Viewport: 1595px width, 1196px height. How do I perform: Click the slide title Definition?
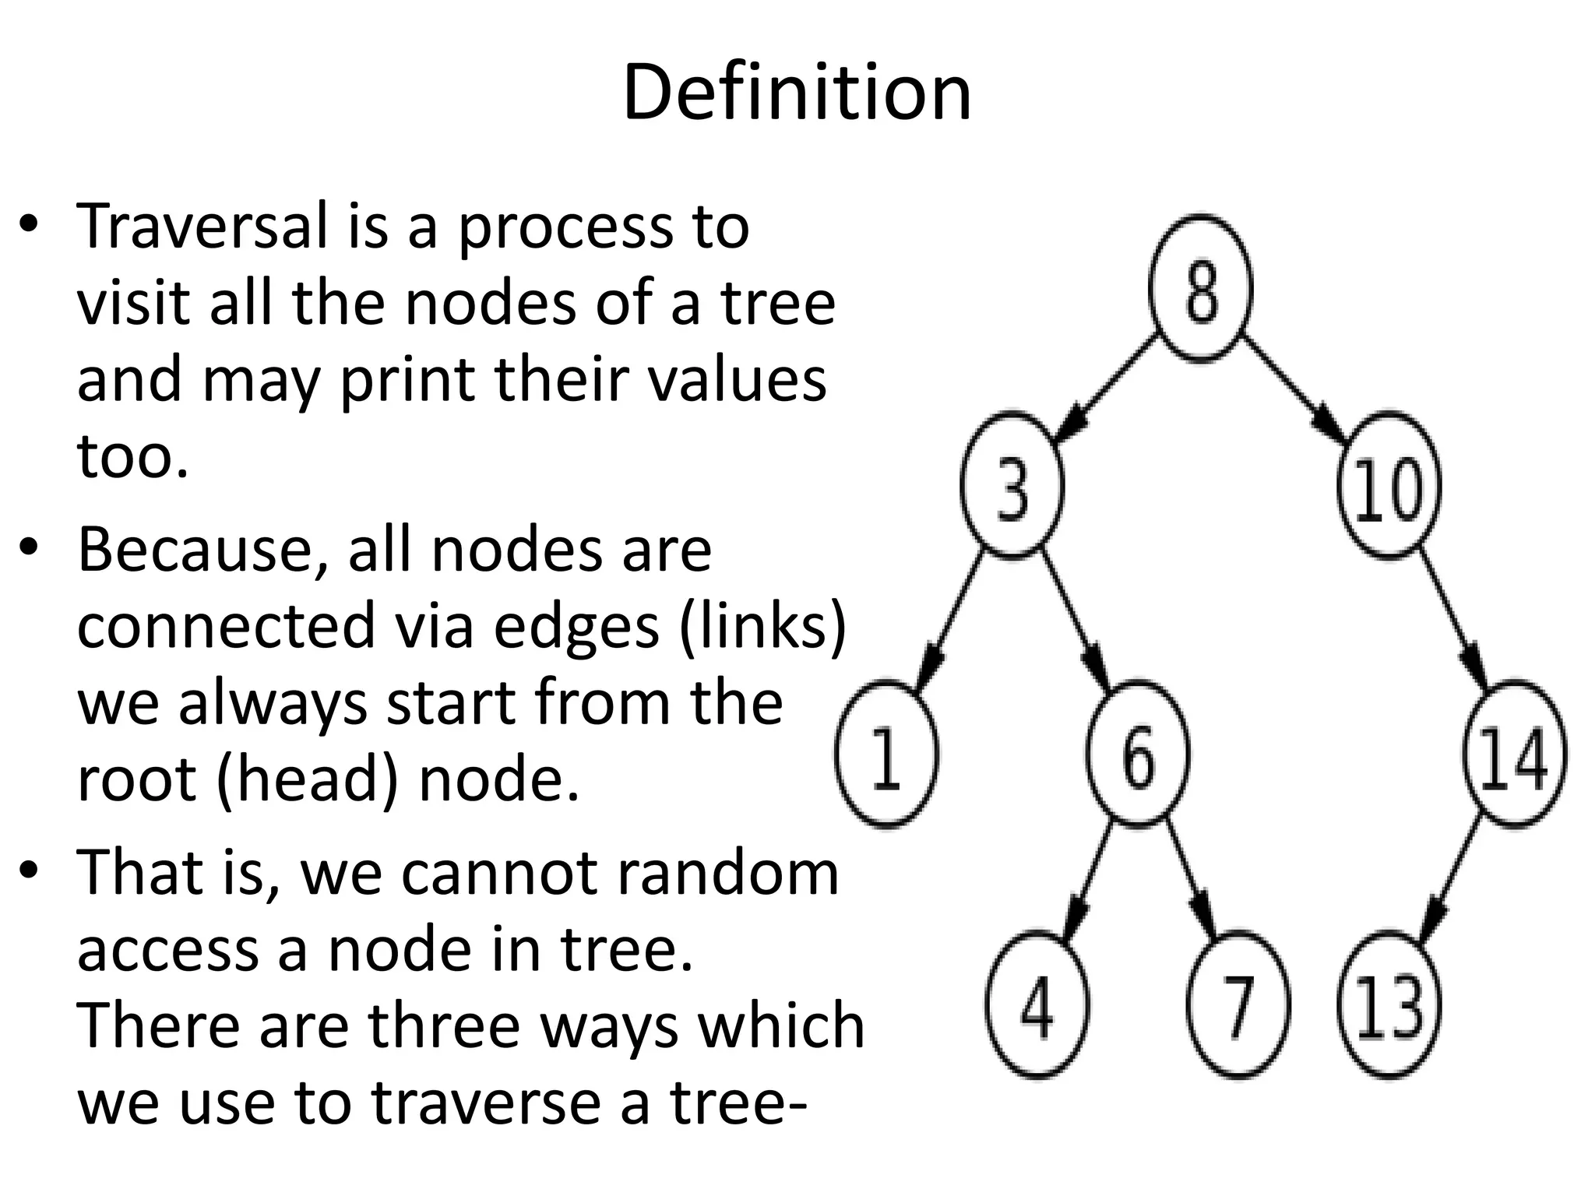[797, 93]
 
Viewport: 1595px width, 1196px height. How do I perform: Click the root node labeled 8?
[1201, 289]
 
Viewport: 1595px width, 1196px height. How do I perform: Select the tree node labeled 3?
[1012, 485]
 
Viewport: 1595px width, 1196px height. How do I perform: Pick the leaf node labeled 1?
[886, 754]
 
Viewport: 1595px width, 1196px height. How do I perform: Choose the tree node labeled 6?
[1138, 754]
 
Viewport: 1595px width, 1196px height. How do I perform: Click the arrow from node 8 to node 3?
[1109, 385]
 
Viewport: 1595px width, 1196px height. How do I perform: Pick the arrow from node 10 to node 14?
[1453, 617]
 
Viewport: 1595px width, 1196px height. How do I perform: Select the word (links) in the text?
[762, 626]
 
